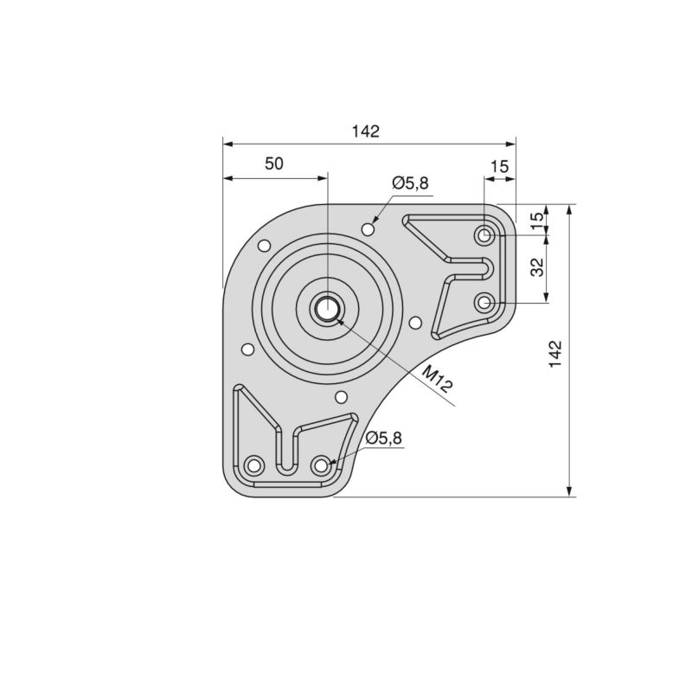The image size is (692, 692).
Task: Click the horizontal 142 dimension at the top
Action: tap(366, 131)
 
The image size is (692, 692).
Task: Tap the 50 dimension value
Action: tap(274, 163)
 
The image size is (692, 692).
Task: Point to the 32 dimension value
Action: tap(537, 267)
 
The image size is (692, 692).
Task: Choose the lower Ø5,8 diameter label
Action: tap(384, 439)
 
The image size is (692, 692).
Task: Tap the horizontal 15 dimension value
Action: tap(499, 164)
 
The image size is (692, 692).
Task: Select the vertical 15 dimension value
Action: tap(537, 220)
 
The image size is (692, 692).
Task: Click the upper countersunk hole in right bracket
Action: tap(485, 234)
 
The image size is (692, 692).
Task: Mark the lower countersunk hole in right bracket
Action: tap(485, 302)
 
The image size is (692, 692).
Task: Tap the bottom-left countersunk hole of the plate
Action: tap(253, 465)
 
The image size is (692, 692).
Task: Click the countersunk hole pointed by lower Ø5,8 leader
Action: tap(321, 465)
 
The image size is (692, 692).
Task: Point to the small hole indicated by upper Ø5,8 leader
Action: tap(369, 228)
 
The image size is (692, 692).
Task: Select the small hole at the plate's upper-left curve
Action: tap(265, 247)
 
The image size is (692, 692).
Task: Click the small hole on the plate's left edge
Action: tap(247, 349)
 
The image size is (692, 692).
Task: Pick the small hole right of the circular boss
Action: tap(415, 323)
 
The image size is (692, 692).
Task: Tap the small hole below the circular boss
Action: tap(341, 397)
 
